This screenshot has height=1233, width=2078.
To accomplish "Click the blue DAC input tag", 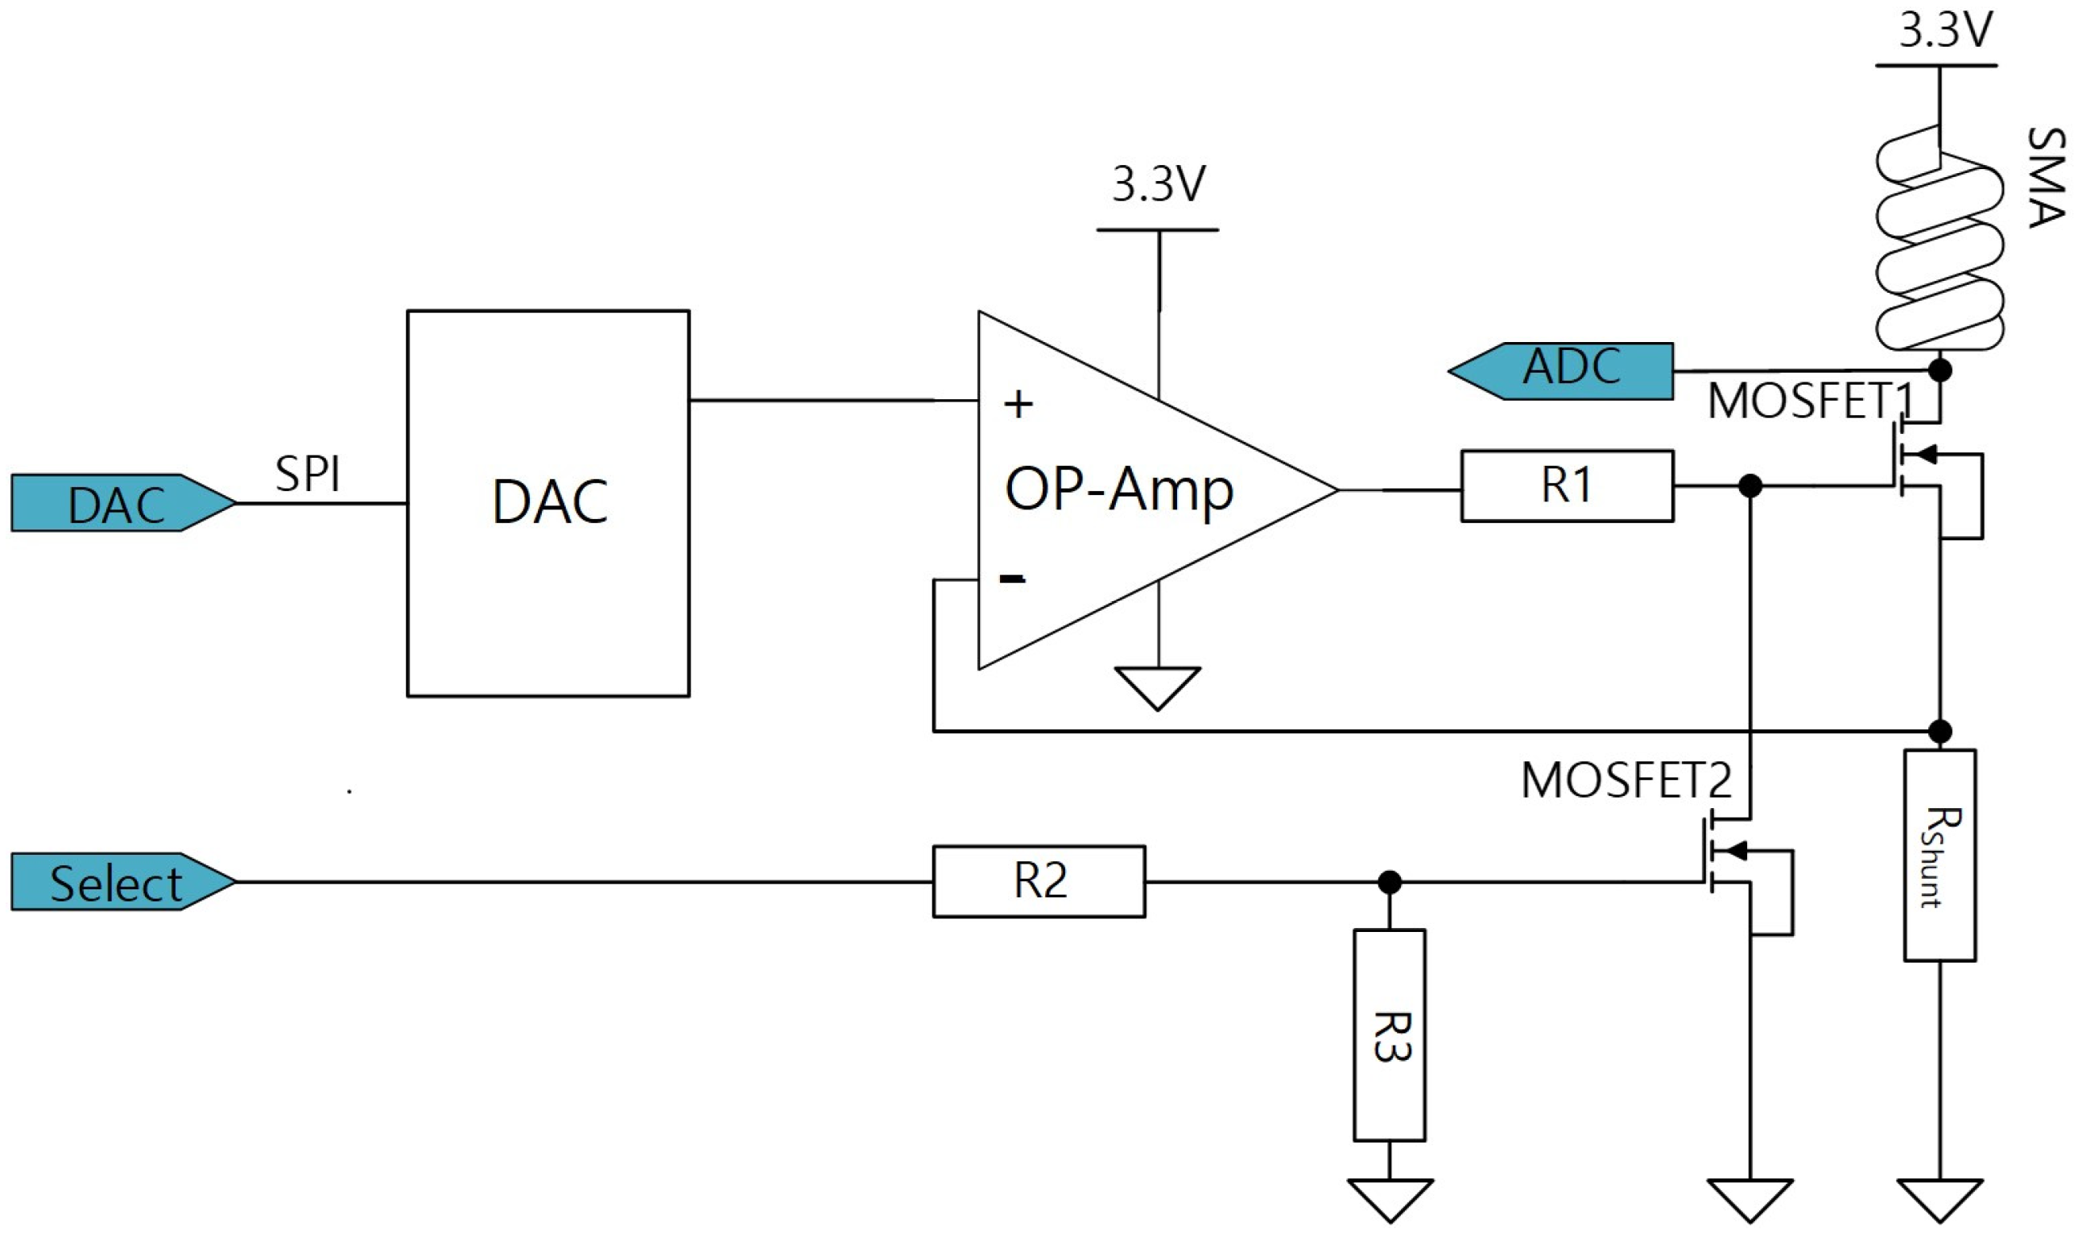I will pyautogui.click(x=117, y=504).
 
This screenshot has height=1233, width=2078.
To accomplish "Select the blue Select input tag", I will pyautogui.click(x=117, y=882).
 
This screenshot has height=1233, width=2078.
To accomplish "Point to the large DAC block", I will pyautogui.click(x=548, y=503).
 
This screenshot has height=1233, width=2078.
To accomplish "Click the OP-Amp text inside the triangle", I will pyautogui.click(x=1118, y=490).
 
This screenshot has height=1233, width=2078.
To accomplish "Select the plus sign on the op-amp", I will pyautogui.click(x=1018, y=406).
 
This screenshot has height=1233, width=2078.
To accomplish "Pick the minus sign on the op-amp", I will pyautogui.click(x=1011, y=579).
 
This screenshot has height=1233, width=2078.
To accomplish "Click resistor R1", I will pyautogui.click(x=1567, y=486).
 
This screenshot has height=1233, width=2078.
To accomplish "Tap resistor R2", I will pyautogui.click(x=1039, y=881).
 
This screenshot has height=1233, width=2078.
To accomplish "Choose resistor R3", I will pyautogui.click(x=1390, y=1035).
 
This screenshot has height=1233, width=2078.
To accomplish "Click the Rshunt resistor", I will pyautogui.click(x=1940, y=856).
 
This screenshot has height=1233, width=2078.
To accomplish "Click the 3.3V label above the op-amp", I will pyautogui.click(x=1158, y=184).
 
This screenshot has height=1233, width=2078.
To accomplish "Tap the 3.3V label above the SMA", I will pyautogui.click(x=1945, y=31).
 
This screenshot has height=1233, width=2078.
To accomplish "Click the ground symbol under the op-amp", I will pyautogui.click(x=1158, y=687).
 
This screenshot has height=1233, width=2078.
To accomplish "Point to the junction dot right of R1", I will pyautogui.click(x=1750, y=486).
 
